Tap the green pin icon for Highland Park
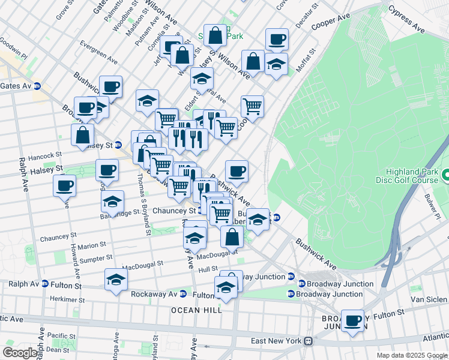point(445,176)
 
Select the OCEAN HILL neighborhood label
point(196,310)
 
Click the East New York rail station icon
point(308,341)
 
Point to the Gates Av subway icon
point(37,86)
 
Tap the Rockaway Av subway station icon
point(184,294)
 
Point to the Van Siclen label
point(429,299)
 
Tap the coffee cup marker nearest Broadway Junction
point(353,320)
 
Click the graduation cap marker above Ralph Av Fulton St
point(116,279)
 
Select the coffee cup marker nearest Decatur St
point(277,39)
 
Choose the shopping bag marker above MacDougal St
point(232,236)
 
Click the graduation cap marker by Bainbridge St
point(112,202)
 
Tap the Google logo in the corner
point(20,353)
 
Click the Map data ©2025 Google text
point(412,355)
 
